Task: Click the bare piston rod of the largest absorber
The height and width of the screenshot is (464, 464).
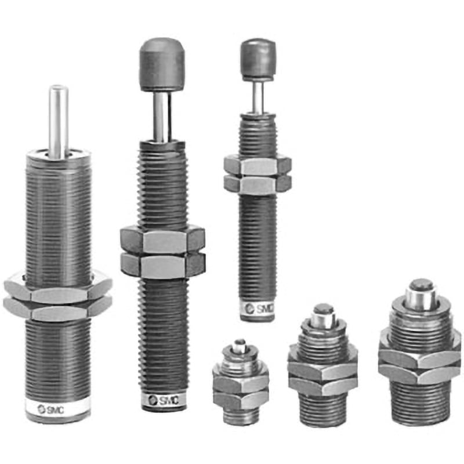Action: (59, 121)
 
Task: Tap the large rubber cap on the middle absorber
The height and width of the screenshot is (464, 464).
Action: (162, 64)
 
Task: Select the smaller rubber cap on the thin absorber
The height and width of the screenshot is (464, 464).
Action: (258, 60)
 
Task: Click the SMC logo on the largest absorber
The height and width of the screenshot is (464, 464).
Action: (50, 409)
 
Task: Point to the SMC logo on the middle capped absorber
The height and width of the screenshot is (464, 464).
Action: (164, 400)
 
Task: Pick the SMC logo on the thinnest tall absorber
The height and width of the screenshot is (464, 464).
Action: (259, 309)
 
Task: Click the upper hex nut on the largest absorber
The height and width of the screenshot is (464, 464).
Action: (58, 288)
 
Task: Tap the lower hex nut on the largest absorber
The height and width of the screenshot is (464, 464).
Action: (57, 309)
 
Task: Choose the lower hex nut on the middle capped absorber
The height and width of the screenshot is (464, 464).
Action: (163, 265)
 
